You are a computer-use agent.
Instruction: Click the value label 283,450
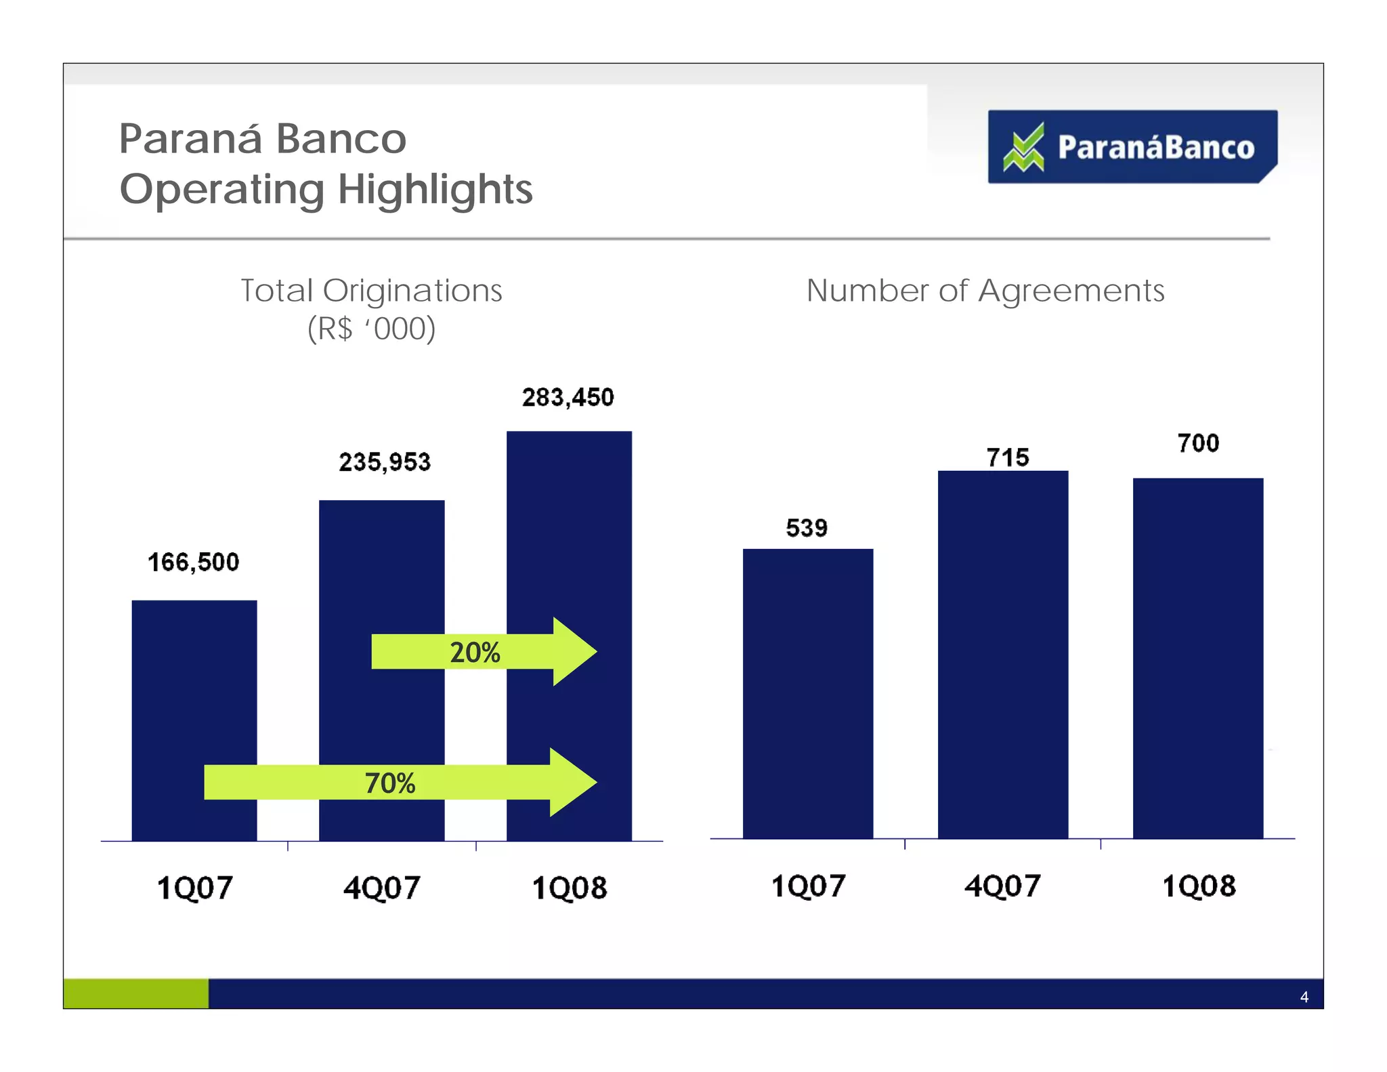click(x=568, y=398)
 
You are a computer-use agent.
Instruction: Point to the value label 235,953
click(x=385, y=463)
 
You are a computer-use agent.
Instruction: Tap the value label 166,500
click(x=194, y=562)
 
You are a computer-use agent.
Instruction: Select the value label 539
click(x=807, y=528)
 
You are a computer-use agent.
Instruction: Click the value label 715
click(x=1008, y=458)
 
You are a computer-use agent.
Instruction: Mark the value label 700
click(x=1198, y=443)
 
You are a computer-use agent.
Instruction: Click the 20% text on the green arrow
click(x=475, y=653)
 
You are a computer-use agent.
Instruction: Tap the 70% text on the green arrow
click(x=390, y=783)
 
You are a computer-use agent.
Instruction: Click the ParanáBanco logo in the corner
click(x=1132, y=147)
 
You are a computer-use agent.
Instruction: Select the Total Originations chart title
click(x=371, y=291)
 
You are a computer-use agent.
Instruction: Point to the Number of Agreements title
click(x=985, y=291)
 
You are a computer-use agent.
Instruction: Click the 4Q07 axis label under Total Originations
click(x=382, y=888)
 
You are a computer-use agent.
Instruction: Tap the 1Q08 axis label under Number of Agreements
click(x=1199, y=886)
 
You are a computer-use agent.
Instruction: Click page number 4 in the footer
click(x=1304, y=997)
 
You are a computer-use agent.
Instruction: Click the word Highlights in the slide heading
click(x=435, y=189)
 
